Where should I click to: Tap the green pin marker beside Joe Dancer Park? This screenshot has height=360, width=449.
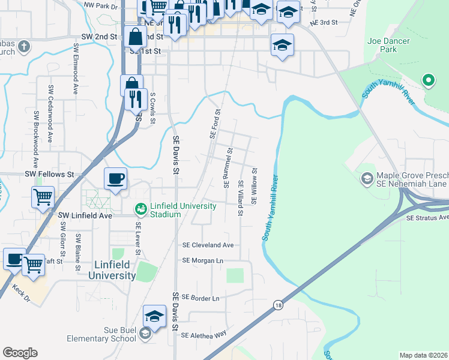(x=428, y=80)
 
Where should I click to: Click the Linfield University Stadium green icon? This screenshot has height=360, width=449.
(x=140, y=209)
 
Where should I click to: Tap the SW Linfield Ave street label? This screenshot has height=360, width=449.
(x=85, y=215)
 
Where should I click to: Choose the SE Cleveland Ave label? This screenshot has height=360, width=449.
(x=208, y=245)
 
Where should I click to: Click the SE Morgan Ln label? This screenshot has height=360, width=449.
(x=202, y=261)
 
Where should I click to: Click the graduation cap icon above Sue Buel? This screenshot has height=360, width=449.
(x=154, y=316)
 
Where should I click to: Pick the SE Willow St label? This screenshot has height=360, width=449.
(x=255, y=185)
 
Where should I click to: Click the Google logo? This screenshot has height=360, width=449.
(x=20, y=353)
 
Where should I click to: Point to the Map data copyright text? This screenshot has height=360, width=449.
(x=423, y=355)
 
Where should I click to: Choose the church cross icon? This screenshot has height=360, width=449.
(x=23, y=46)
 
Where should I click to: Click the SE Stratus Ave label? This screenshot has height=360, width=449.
(x=427, y=217)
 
